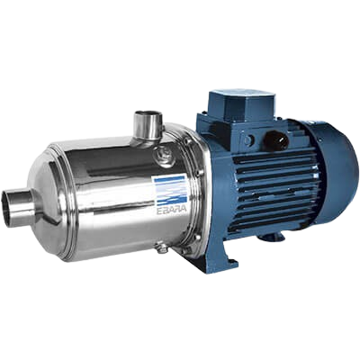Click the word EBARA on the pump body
coord(172,211)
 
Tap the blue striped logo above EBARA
coord(170,190)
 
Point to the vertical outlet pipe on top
coord(148,125)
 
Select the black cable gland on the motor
coord(275,139)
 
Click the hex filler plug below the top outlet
coord(163,156)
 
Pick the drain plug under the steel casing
coord(160,248)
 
